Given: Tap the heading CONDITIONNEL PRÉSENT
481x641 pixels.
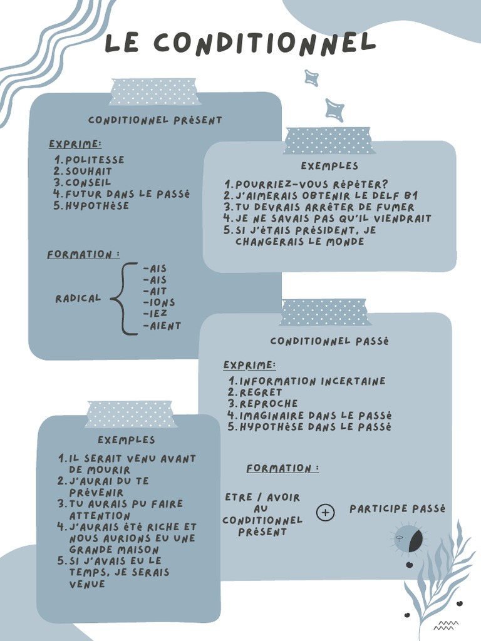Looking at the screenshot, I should (x=155, y=120).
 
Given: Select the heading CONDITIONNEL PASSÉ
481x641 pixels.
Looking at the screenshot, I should (x=329, y=341).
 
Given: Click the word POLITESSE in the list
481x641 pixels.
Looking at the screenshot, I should (x=95, y=160).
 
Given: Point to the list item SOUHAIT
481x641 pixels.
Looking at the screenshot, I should (x=88, y=172).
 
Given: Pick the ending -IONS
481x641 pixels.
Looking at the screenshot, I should (x=159, y=303).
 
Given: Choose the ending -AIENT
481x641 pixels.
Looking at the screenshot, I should (x=162, y=326).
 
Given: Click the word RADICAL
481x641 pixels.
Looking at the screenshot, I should (x=78, y=299).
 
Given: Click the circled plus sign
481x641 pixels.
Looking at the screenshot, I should (x=326, y=513).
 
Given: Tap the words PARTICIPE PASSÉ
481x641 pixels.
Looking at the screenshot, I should (x=397, y=509).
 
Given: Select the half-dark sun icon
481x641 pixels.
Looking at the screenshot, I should (x=408, y=539).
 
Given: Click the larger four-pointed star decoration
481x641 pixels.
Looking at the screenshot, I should (x=334, y=110).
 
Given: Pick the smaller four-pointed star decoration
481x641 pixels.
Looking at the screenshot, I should (x=311, y=78).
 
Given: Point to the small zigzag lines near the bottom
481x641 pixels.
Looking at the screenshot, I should (x=446, y=624).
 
